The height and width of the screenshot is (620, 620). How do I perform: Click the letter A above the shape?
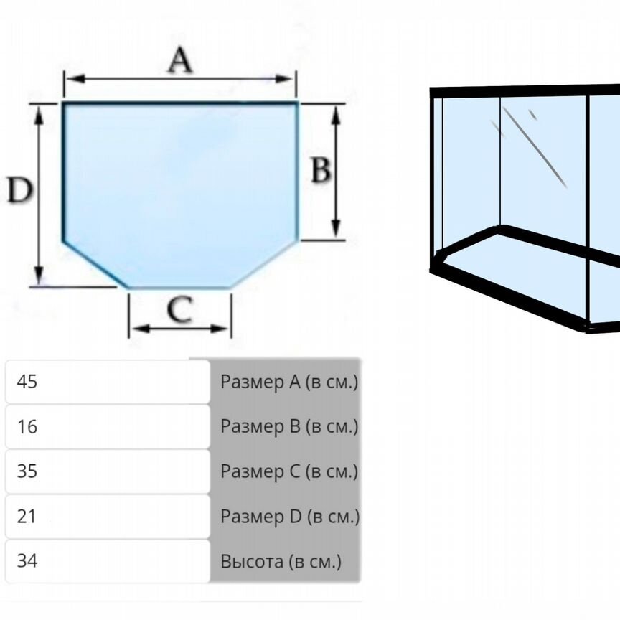[180, 61]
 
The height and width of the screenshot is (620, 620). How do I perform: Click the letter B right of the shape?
[320, 171]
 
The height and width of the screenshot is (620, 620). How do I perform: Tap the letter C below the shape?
[179, 310]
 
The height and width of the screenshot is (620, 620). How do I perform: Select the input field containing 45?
[108, 382]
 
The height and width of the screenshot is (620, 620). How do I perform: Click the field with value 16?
[108, 427]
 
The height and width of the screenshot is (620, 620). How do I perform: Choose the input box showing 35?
[108, 471]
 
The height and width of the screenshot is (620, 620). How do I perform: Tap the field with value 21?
[108, 516]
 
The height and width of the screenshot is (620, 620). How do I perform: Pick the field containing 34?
[108, 560]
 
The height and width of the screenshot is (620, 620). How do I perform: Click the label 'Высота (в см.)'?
[281, 561]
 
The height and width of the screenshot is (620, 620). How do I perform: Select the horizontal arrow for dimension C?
[180, 329]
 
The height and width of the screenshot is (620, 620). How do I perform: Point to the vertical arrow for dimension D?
[39, 237]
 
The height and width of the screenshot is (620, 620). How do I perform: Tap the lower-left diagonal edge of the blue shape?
[95, 265]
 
